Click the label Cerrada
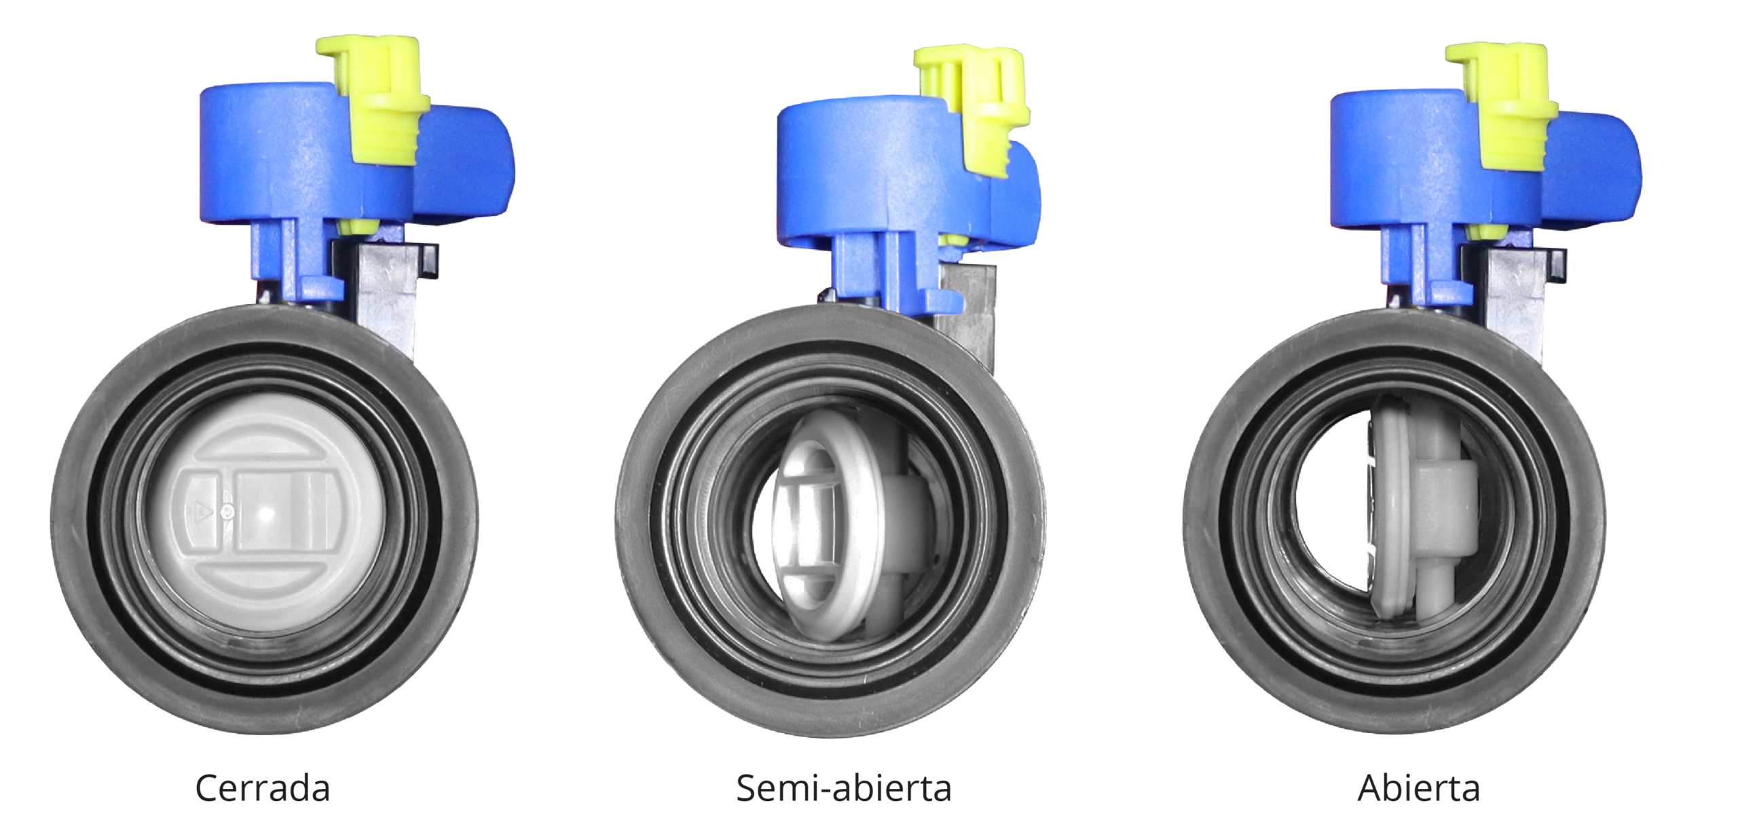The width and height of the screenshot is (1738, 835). click(x=262, y=789)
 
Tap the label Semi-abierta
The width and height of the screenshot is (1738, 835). click(x=844, y=789)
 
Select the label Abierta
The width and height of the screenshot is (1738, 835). click(x=1419, y=789)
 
